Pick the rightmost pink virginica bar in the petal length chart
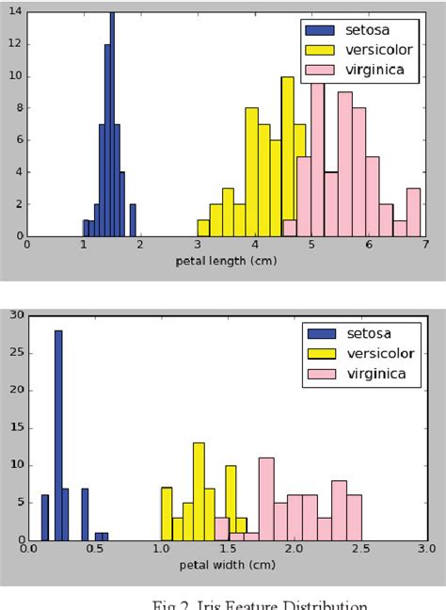(413, 212)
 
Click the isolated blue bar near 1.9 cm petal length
(133, 220)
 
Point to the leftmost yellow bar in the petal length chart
(203, 228)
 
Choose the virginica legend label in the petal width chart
(376, 374)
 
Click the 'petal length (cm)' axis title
(226, 261)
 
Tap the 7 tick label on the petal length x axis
(425, 246)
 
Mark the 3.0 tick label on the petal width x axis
(426, 550)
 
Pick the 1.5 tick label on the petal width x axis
(229, 550)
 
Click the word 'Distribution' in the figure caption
(320, 604)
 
